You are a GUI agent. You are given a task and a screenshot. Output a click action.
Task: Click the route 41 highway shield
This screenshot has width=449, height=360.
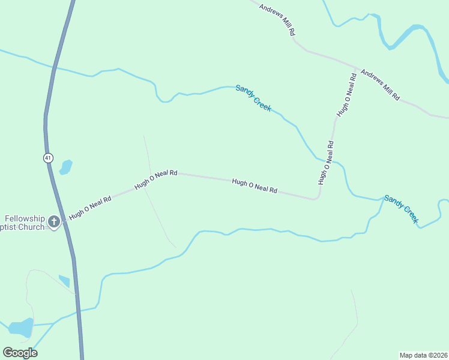click(48, 158)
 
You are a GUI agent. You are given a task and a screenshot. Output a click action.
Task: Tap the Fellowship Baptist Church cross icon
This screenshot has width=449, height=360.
click(54, 223)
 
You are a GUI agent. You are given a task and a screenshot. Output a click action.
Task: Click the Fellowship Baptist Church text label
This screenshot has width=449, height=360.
click(23, 223)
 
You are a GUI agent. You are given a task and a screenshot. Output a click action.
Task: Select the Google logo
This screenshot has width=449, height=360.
click(20, 353)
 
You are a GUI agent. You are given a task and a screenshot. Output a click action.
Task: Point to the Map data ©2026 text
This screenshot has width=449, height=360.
click(424, 355)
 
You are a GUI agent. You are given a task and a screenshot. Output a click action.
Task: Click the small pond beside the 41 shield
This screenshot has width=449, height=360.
click(65, 166)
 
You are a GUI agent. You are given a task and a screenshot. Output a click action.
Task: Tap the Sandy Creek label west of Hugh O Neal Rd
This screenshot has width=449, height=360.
click(253, 98)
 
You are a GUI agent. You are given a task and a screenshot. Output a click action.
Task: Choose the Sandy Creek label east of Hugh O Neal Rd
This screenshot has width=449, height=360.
click(401, 209)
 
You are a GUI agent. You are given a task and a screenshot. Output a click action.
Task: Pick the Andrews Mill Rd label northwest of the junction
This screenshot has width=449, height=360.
click(277, 18)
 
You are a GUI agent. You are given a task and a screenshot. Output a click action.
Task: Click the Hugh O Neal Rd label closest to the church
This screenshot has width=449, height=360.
click(90, 207)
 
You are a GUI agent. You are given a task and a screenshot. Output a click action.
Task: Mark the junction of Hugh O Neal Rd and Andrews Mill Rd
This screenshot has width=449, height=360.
click(358, 68)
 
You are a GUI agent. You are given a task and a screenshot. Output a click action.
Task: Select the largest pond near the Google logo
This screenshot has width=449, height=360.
click(20, 328)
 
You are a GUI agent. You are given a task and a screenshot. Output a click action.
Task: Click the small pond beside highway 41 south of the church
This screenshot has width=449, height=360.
click(64, 280)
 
